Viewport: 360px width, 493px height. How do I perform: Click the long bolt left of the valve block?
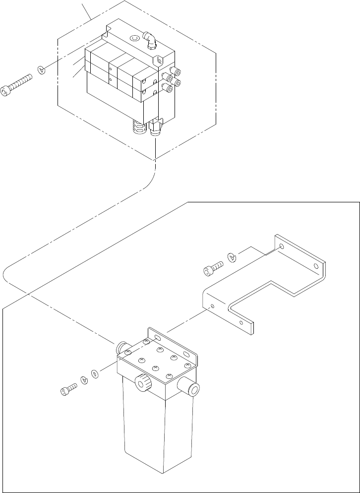click(17, 86)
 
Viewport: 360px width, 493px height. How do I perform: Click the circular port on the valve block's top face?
click(134, 38)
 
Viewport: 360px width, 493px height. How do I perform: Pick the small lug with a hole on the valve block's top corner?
click(159, 61)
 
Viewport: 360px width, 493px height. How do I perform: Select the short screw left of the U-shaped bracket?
click(212, 269)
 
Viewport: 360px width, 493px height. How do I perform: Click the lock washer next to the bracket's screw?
click(232, 257)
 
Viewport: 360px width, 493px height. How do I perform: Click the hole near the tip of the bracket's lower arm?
click(241, 322)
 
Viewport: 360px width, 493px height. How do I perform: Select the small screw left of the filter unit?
click(68, 390)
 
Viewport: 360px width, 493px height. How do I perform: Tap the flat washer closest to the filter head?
click(95, 373)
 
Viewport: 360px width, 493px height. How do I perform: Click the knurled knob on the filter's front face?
click(145, 382)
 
